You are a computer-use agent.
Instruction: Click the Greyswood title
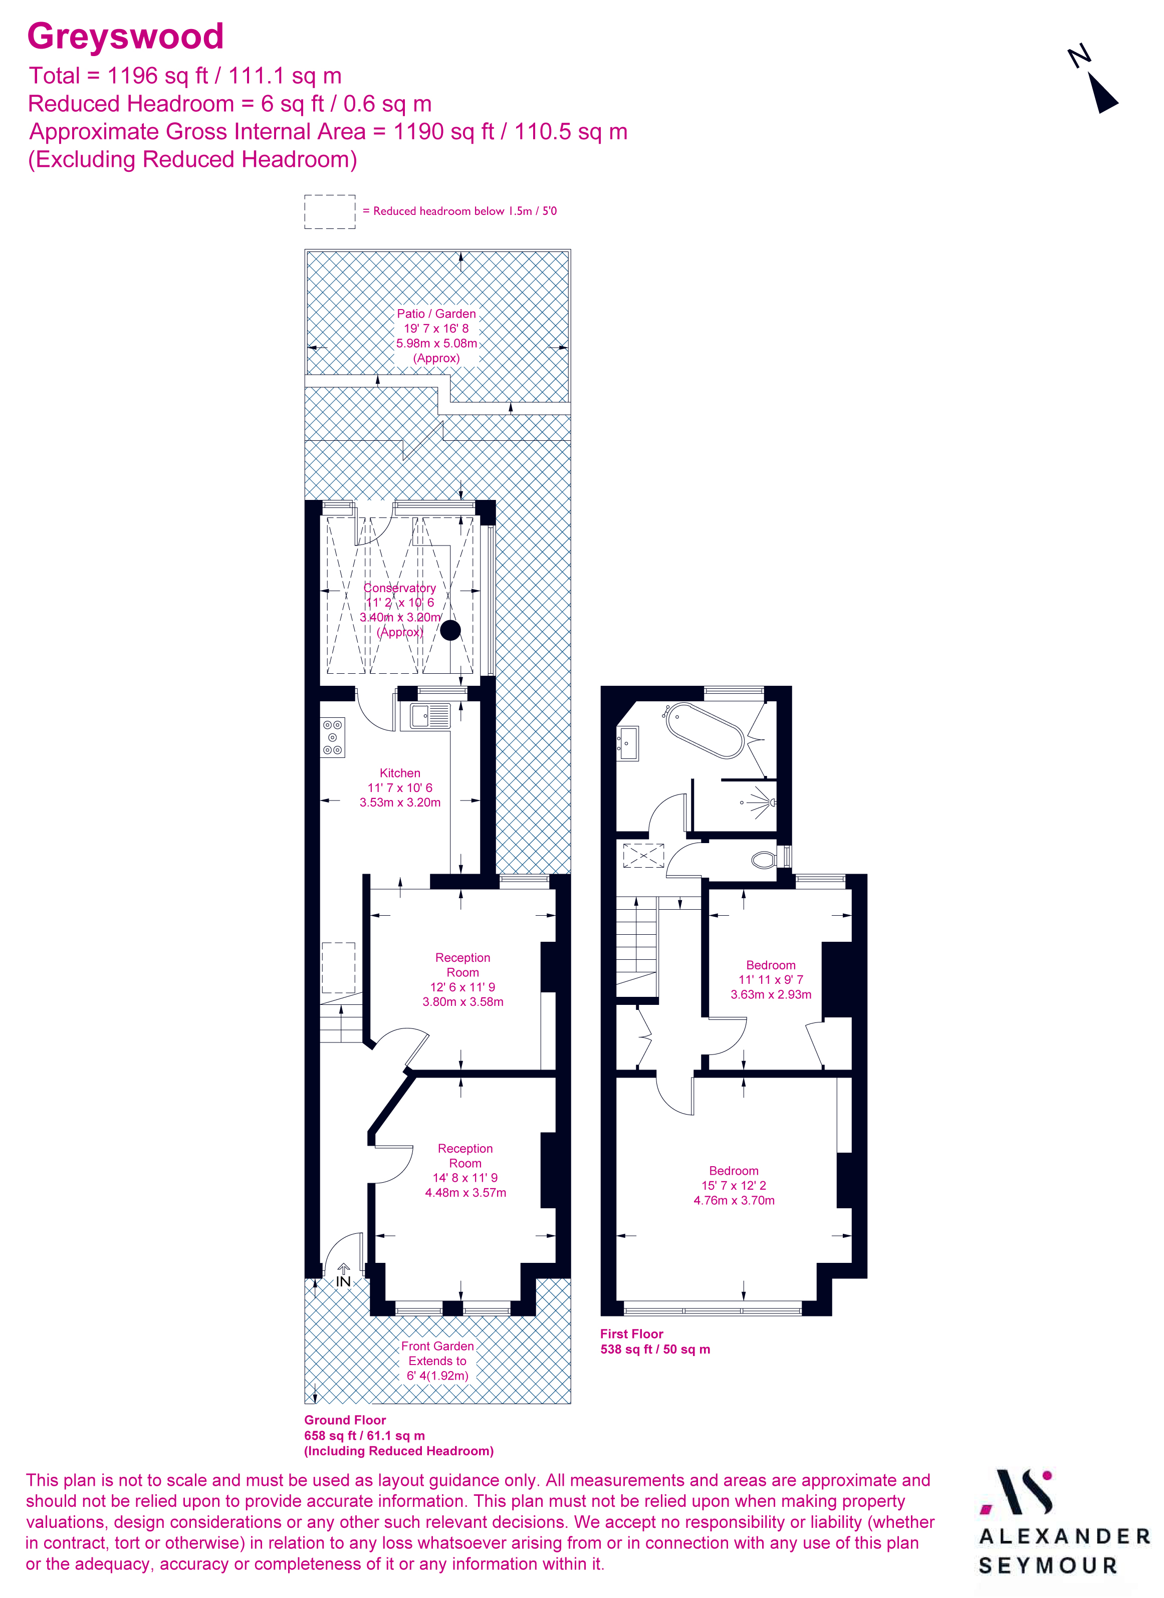tap(125, 36)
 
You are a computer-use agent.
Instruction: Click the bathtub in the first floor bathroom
tap(705, 730)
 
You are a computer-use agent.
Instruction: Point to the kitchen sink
tap(430, 715)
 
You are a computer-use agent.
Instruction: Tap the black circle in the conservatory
tap(450, 630)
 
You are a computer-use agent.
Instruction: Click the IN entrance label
tap(343, 1281)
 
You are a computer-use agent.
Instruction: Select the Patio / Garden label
tap(436, 314)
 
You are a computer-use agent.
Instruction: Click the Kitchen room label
tap(399, 773)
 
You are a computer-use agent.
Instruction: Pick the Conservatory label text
tap(399, 588)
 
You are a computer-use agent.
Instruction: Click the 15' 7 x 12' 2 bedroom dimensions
tap(734, 1185)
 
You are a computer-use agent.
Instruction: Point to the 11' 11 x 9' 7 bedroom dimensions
tap(770, 979)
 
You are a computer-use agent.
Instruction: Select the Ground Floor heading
tap(345, 1420)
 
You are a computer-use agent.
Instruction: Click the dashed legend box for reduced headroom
tap(330, 211)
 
